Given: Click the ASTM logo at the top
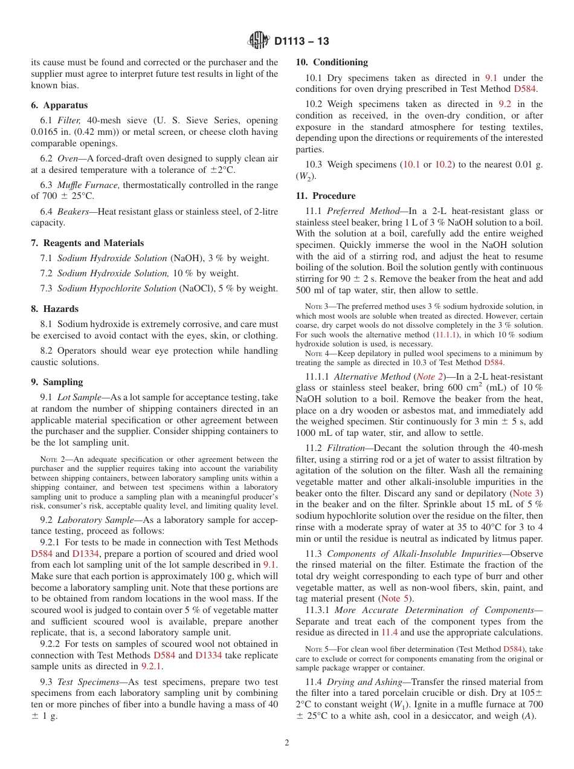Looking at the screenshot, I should click(259, 41).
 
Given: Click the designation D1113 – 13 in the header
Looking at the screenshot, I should click(302, 41).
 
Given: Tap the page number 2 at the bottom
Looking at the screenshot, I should click(287, 743).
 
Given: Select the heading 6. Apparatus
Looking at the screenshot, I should click(59, 105).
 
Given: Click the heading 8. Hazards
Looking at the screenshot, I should click(54, 309).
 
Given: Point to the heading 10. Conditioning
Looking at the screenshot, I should click(331, 62).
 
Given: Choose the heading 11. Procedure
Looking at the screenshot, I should click(326, 196).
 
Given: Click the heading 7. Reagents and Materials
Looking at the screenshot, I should click(88, 243).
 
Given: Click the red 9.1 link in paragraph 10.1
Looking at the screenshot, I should click(492, 78).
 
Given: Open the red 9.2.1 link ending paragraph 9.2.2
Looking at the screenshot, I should click(152, 666).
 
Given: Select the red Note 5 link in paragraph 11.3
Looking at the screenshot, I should click(395, 599).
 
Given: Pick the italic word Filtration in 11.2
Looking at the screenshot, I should click(346, 448).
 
